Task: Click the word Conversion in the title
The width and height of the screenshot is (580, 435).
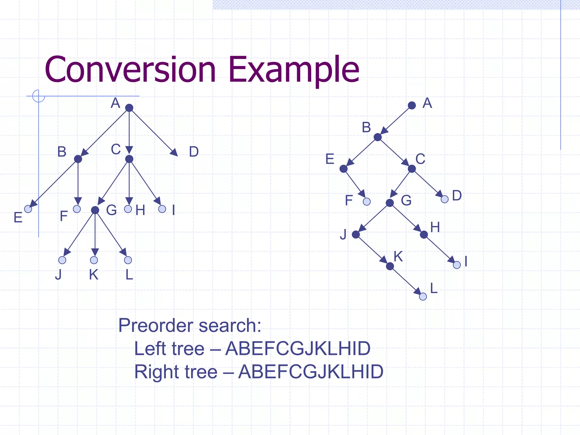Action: tap(130, 70)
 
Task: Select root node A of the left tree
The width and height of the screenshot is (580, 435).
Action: tap(129, 108)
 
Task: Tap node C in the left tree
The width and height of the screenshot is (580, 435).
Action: tap(129, 159)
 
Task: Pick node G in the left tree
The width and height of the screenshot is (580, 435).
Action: tap(95, 210)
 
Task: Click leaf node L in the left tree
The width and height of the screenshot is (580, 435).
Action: tap(128, 260)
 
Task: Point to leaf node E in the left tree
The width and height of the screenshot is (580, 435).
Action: tap(28, 209)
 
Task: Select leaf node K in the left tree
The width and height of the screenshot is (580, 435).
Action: tap(94, 260)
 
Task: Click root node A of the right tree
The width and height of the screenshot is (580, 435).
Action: tap(412, 106)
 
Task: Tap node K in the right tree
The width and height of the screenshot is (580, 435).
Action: tap(390, 266)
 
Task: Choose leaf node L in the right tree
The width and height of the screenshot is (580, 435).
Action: tap(423, 297)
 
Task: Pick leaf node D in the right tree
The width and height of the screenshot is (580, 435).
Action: tap(445, 199)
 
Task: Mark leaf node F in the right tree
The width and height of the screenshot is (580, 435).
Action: tap(367, 202)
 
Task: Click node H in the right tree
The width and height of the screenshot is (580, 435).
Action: tap(424, 234)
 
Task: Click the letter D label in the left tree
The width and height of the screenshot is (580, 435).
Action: tap(194, 152)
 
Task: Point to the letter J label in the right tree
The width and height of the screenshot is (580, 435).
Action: tap(343, 234)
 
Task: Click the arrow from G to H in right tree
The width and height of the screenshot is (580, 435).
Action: tap(407, 219)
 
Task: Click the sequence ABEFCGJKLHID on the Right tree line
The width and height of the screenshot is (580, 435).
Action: tap(311, 372)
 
